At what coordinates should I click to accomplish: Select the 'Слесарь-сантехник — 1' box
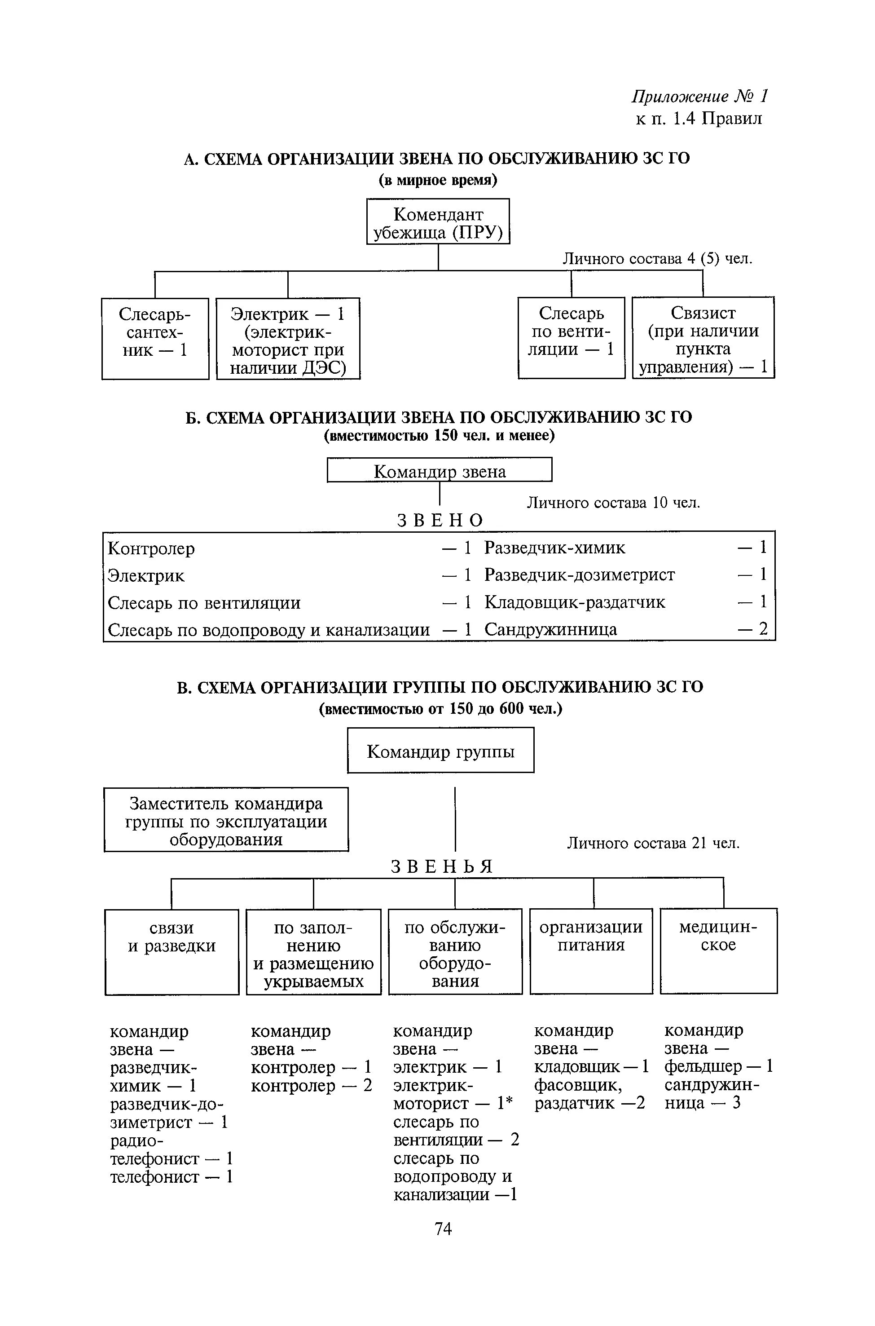coord(155,338)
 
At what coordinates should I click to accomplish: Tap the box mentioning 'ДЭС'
coord(288,338)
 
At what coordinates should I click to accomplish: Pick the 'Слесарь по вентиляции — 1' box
coord(571,338)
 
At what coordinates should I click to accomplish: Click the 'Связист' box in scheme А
coord(703,338)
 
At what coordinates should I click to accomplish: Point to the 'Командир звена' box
coord(439,469)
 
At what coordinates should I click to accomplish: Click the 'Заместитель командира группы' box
coord(226,820)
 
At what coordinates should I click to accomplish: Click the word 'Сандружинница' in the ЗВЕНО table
coord(550,630)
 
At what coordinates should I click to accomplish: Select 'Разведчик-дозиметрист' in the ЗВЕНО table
coord(579,575)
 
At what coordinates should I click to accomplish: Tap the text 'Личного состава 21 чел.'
coord(653,843)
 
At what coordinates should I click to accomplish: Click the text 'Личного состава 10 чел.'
coord(613,503)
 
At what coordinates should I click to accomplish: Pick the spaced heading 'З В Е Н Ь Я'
coord(441,866)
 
